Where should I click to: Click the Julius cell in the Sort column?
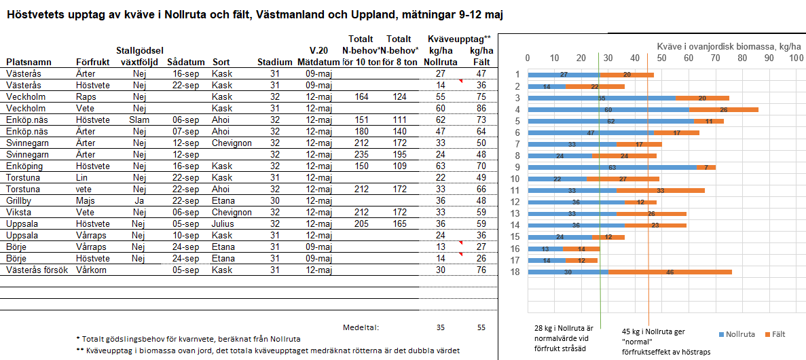(x=223, y=223)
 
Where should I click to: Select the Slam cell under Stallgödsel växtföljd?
(x=139, y=120)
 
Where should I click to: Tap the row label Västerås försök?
(x=37, y=270)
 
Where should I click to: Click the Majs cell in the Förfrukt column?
(x=86, y=200)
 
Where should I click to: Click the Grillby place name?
(x=20, y=200)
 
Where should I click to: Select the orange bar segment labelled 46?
(x=670, y=272)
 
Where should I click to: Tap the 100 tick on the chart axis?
(x=795, y=58)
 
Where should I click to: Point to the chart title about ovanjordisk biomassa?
(x=729, y=46)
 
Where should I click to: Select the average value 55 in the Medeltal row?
(x=481, y=327)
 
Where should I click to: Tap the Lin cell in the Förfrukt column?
(x=82, y=177)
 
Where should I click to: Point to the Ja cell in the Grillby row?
(x=139, y=200)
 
